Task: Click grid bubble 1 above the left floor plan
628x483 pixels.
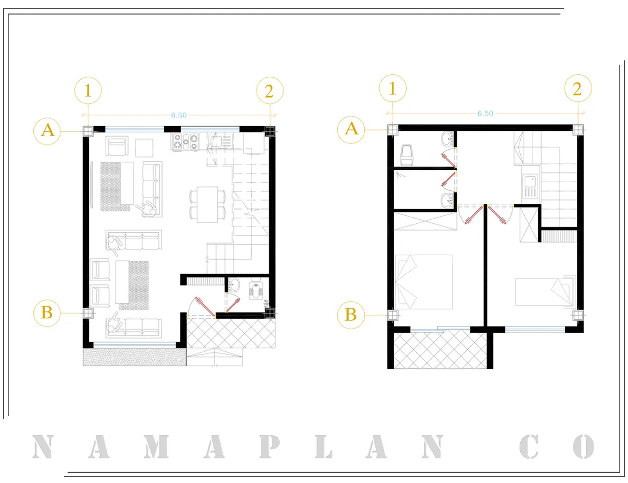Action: [88, 90]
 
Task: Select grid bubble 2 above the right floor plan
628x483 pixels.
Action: [578, 88]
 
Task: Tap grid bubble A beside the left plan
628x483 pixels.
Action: [47, 131]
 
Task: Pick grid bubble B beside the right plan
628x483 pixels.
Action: [351, 315]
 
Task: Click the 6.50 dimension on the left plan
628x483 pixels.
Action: [179, 115]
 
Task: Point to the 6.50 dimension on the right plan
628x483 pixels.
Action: [485, 114]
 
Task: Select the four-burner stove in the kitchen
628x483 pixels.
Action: [186, 142]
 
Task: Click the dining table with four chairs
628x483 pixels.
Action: [208, 204]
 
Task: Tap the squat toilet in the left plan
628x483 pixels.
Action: [256, 289]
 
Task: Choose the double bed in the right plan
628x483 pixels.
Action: [424, 282]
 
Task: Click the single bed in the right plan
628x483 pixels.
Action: [545, 292]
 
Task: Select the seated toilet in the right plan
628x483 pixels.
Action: [407, 155]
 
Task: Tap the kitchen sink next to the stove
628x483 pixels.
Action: [220, 142]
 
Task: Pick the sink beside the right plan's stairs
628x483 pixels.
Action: [530, 186]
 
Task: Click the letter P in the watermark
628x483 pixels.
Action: [269, 447]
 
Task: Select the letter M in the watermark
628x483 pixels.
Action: [156, 447]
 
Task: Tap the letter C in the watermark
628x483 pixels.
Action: [529, 447]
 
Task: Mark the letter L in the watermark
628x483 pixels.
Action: [323, 447]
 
